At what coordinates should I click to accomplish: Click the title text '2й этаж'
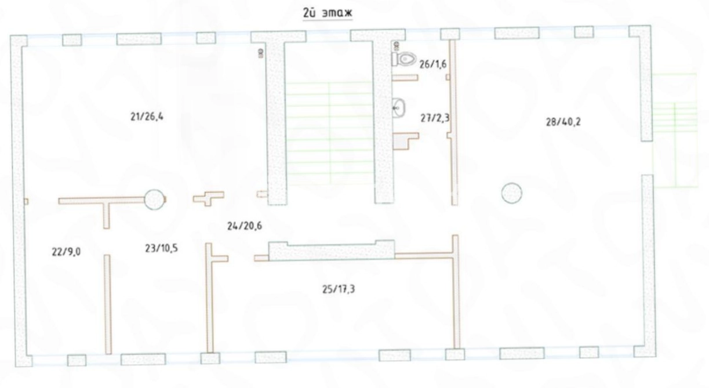click(328, 13)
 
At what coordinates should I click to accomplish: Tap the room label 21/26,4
click(147, 117)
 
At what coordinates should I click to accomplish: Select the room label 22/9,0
click(66, 252)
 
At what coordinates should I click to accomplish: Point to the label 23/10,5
click(161, 248)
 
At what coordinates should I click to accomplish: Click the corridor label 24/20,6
click(245, 226)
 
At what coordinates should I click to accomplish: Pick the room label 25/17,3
click(339, 289)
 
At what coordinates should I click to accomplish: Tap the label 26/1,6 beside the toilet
click(432, 64)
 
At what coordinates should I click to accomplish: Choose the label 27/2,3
click(435, 118)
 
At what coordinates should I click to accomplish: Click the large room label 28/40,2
click(563, 122)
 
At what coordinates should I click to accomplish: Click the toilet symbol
click(403, 59)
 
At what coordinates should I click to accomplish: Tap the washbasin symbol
click(398, 108)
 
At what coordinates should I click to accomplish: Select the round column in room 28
click(511, 193)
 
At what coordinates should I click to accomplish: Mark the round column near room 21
click(154, 200)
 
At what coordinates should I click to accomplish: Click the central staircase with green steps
click(329, 133)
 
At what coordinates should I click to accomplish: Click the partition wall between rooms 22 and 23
click(108, 304)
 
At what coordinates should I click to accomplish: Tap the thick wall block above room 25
click(332, 251)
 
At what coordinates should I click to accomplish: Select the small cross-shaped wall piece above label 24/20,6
click(209, 198)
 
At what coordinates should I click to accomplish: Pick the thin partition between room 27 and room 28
click(453, 122)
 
